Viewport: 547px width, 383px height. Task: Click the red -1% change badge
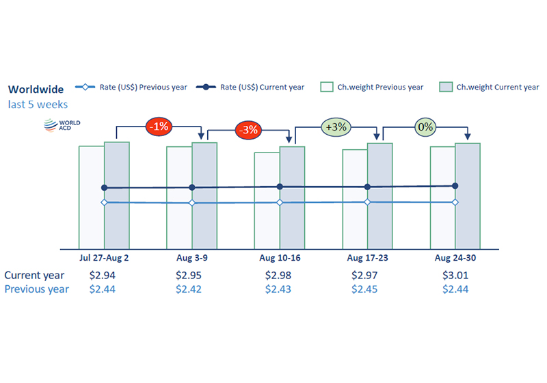click(159, 127)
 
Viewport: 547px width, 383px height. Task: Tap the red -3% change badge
click(248, 130)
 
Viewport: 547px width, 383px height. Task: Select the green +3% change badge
click(336, 127)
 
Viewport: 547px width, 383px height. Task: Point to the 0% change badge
click(425, 127)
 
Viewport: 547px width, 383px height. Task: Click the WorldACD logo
click(62, 125)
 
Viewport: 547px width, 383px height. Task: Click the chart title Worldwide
click(36, 90)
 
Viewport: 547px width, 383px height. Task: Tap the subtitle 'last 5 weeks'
click(38, 104)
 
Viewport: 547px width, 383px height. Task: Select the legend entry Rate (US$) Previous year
click(131, 87)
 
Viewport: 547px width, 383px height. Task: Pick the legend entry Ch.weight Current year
click(489, 87)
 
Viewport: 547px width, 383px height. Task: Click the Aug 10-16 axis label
click(280, 258)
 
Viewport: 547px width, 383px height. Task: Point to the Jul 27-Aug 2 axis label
click(104, 258)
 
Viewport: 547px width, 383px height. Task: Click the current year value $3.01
click(455, 275)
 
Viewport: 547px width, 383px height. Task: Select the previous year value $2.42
click(189, 289)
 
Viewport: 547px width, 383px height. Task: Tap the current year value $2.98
click(278, 275)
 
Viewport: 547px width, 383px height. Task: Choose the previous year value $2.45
click(364, 289)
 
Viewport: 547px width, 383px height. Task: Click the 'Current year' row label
click(34, 276)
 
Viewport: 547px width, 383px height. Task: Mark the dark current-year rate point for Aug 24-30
click(455, 186)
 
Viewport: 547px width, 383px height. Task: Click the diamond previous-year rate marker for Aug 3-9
click(192, 202)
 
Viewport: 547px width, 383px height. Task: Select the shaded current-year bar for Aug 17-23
click(380, 196)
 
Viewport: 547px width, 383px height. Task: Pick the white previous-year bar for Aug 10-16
click(267, 200)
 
